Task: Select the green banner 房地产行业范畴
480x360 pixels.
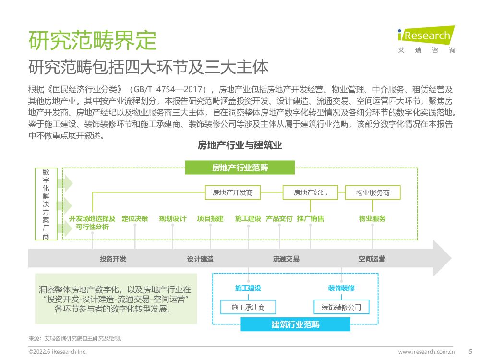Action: [x=240, y=168]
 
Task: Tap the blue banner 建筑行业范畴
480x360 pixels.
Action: [x=295, y=324]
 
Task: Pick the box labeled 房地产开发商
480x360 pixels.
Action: [x=232, y=192]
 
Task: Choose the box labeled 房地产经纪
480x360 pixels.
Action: [x=310, y=192]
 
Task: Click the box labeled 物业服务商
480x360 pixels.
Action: [x=372, y=192]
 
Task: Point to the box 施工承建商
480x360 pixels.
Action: [x=248, y=307]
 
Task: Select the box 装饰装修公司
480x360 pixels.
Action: [x=341, y=307]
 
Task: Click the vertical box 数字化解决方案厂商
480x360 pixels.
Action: [x=46, y=204]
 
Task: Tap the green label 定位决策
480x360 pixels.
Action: [x=135, y=218]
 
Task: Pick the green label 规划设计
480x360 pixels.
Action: [x=173, y=218]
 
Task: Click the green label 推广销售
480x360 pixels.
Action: [x=310, y=218]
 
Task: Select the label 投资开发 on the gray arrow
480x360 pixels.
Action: [x=113, y=259]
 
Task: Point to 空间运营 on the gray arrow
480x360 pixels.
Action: [x=371, y=259]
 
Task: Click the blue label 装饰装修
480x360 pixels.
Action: [x=341, y=288]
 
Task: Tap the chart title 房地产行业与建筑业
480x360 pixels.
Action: [x=240, y=145]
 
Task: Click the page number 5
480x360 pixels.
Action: [x=470, y=351]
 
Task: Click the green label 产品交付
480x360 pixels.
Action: [x=279, y=218]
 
